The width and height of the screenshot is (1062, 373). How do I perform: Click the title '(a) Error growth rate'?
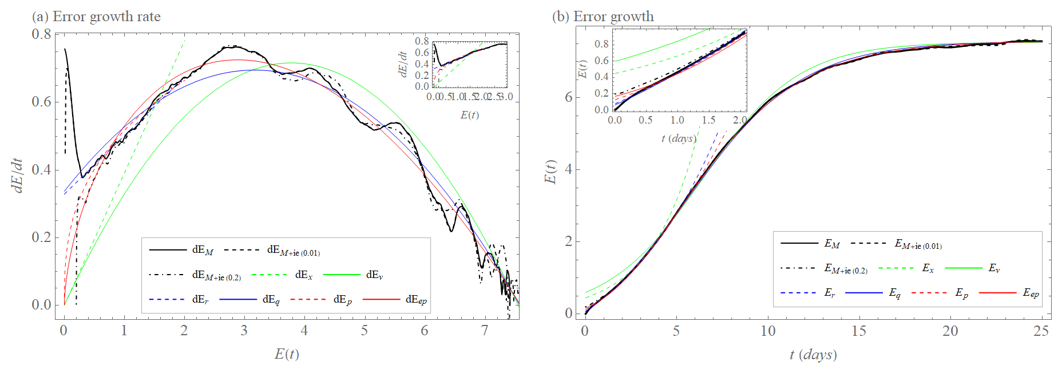96,17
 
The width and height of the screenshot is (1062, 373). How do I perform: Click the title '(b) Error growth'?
603,17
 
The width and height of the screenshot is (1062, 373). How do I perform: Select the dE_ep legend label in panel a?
416,299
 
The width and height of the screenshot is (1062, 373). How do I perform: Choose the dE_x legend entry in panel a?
304,275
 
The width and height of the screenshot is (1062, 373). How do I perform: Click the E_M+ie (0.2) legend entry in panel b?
846,268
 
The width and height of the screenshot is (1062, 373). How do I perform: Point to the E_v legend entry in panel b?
994,268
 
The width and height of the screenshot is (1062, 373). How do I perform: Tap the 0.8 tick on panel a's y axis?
41,34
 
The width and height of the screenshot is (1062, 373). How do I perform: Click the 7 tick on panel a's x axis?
485,331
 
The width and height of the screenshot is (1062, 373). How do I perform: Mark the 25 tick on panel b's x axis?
1041,331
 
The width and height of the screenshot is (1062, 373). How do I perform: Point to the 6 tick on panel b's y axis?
568,97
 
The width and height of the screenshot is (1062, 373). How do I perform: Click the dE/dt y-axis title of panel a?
18,175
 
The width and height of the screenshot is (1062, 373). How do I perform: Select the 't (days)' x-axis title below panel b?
813,355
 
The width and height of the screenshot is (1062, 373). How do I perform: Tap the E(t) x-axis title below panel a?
287,354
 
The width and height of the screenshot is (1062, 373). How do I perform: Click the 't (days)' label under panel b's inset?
679,138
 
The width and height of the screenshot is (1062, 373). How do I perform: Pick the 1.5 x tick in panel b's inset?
708,120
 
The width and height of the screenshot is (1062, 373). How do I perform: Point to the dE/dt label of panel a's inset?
403,64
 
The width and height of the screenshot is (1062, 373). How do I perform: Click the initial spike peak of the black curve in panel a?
65,49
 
